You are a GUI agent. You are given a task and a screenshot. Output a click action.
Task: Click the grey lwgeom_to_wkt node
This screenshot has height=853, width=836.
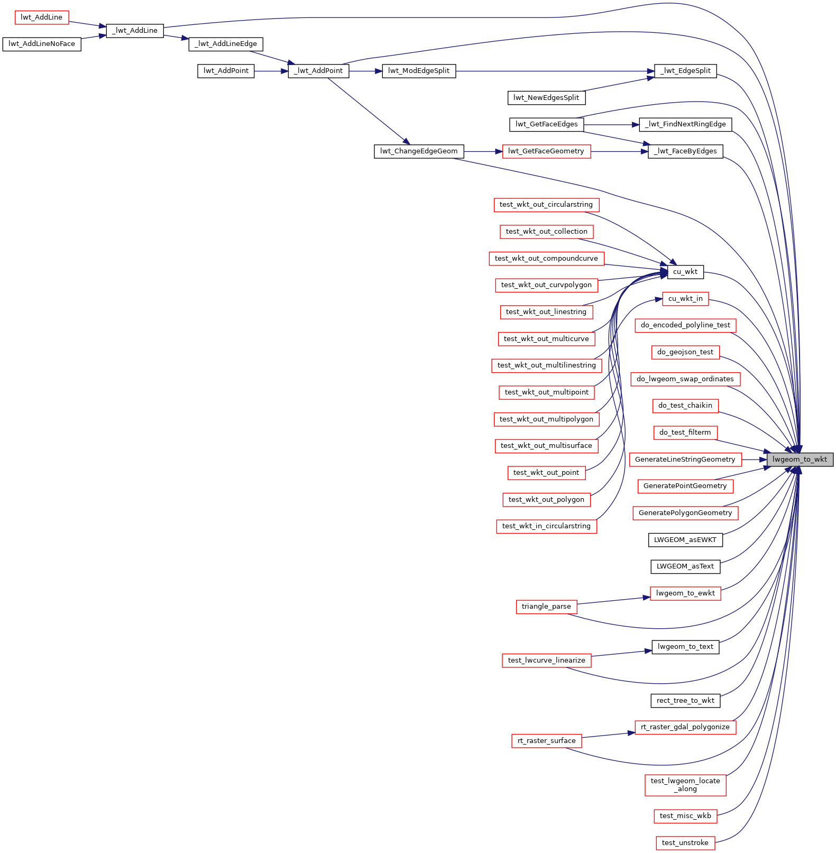tap(800, 459)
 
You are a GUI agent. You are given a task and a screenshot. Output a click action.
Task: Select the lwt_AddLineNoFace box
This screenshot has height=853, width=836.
tap(42, 44)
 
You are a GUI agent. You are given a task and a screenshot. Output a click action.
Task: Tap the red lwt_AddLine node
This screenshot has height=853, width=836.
tap(41, 17)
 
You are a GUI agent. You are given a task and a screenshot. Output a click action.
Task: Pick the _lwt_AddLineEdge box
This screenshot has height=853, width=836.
tap(226, 44)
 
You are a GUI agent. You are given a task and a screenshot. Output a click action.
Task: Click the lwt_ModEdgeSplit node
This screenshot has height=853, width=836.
tap(419, 71)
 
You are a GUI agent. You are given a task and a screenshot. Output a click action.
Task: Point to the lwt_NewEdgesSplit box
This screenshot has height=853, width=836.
tap(546, 98)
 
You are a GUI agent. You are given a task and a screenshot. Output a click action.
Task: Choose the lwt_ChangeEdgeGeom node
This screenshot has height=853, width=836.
tap(419, 151)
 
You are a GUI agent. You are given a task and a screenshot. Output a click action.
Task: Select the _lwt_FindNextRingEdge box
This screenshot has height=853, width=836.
tap(685, 124)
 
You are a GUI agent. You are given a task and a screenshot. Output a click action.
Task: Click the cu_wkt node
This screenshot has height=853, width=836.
tap(685, 272)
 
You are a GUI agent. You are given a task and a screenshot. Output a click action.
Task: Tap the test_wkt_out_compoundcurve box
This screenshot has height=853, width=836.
tap(546, 259)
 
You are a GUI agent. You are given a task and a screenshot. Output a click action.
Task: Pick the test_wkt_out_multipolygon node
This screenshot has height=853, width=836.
tap(546, 419)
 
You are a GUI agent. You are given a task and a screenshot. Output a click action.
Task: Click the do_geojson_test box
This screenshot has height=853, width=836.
tap(685, 352)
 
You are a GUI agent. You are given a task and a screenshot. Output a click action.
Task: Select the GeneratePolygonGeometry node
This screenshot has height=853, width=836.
tap(685, 513)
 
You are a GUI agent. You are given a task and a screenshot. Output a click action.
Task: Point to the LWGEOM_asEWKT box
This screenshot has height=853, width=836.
tap(685, 540)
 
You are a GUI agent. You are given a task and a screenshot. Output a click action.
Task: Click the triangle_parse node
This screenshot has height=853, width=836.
tap(546, 607)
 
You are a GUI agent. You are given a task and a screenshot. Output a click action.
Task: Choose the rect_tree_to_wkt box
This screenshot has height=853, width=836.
tap(685, 701)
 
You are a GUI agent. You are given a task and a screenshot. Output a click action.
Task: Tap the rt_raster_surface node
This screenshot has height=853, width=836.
tap(546, 741)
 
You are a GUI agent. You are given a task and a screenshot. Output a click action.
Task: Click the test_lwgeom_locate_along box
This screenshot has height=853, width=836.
tap(685, 785)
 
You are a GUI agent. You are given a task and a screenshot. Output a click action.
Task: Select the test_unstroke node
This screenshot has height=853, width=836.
tap(685, 843)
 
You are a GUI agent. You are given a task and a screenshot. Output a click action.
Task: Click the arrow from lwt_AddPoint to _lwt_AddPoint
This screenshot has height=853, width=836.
tap(271, 71)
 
